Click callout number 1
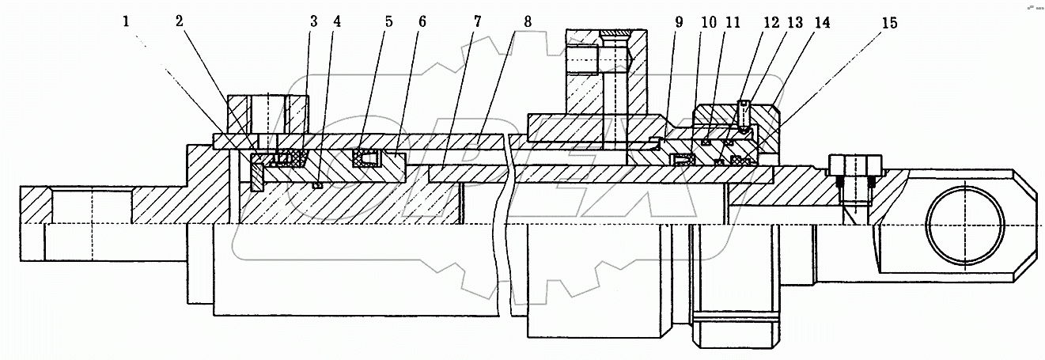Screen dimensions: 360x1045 [126, 23]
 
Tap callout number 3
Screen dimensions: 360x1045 [313, 21]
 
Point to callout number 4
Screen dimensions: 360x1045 [338, 21]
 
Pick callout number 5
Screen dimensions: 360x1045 [388, 21]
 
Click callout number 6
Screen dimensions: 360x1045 [422, 21]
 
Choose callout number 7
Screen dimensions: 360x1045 [477, 21]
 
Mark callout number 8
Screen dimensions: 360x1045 [528, 21]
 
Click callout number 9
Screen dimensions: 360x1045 [678, 23]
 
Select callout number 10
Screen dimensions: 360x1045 [708, 23]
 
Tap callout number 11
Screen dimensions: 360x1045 [733, 23]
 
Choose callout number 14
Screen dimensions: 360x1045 [824, 23]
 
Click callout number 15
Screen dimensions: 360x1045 [891, 23]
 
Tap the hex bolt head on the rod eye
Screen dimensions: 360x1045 [854, 166]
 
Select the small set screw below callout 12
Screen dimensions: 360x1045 [744, 116]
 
